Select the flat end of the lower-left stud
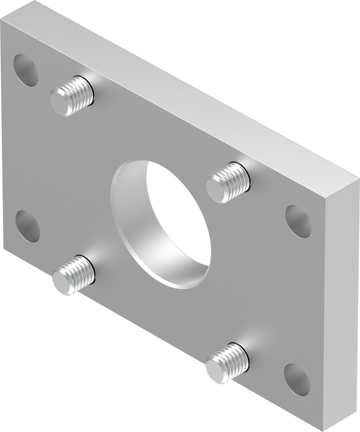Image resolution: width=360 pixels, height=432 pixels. tap(63, 282)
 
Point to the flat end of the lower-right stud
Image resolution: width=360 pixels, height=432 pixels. tap(216, 369)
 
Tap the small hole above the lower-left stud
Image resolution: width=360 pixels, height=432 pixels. tap(28, 226)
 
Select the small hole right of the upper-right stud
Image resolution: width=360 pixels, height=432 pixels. tap(298, 221)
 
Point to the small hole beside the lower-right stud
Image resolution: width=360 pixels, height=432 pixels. tap(297, 379)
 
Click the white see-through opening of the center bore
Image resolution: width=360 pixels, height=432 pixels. tap(177, 216)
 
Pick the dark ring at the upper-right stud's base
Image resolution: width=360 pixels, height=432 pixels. tap(247, 177)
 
